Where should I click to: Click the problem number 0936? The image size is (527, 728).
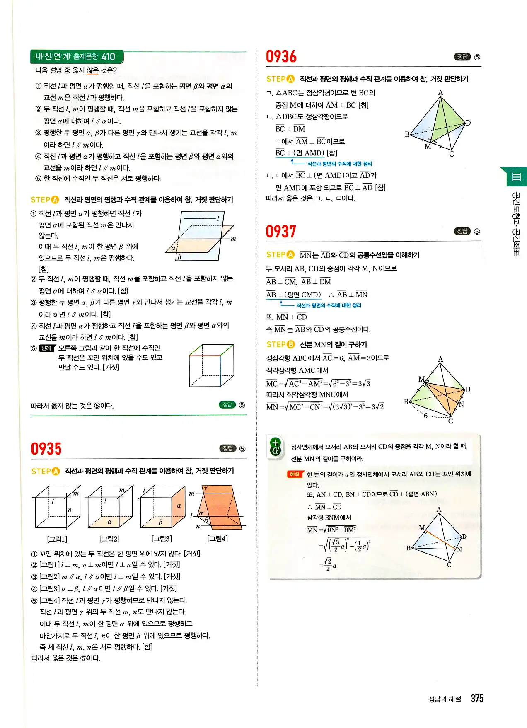point(281,56)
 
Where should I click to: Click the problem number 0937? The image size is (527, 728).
point(281,231)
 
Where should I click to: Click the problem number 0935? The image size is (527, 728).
point(46,449)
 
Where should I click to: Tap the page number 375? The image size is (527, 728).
point(477,699)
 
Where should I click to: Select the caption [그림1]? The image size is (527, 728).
point(57,539)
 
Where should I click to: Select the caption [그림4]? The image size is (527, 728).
point(218,539)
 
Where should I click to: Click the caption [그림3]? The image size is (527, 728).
point(162,539)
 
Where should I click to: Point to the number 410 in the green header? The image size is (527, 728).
point(108,57)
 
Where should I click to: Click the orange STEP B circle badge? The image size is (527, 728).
point(291,344)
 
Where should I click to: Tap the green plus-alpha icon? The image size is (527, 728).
point(276,446)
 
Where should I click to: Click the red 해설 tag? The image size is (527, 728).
point(295,474)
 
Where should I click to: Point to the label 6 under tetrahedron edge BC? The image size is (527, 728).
point(425,416)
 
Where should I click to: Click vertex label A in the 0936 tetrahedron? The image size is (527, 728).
point(440,93)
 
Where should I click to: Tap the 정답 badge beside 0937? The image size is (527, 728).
point(462,231)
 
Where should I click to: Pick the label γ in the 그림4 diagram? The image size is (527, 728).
point(205,489)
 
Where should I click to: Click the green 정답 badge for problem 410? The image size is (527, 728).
point(227,405)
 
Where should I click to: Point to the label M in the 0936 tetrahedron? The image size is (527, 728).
point(428,147)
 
